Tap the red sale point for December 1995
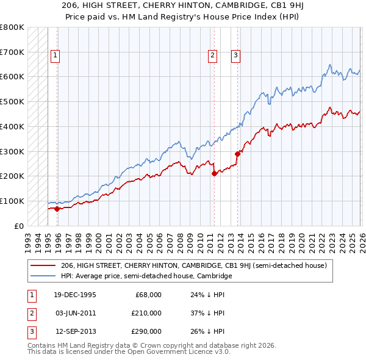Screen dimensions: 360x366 pos(57,209)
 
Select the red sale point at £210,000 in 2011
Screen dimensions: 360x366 pos(214,173)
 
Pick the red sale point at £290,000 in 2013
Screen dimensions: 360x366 pos(237,154)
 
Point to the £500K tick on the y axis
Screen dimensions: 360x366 pos(12,101)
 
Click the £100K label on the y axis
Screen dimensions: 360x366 pos(12,201)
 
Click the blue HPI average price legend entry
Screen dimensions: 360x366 pos(146,276)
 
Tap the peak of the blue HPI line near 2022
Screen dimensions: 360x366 pos(329,65)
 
